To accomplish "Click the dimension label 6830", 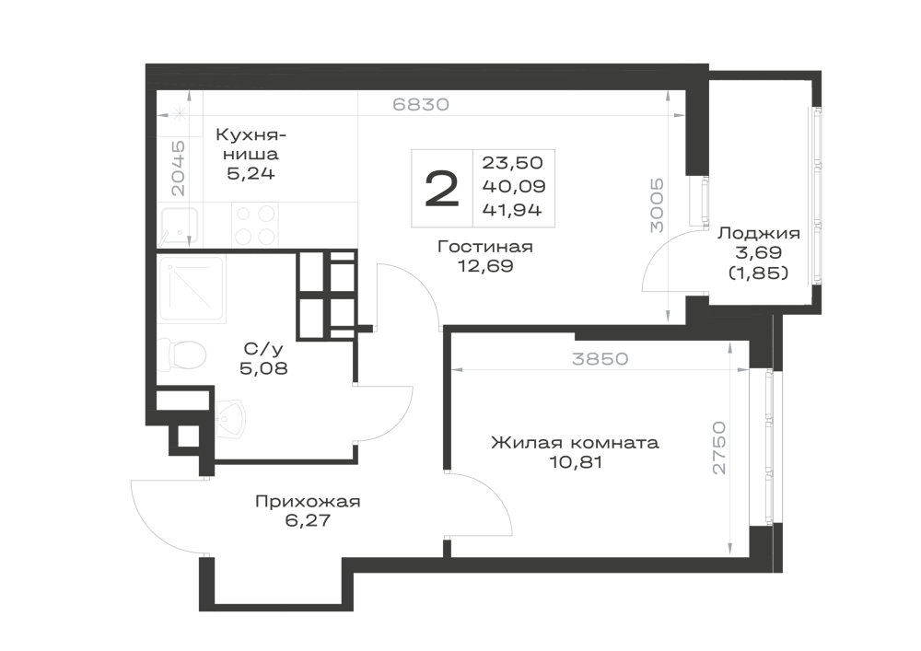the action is [421, 104].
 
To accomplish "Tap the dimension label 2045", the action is [178, 168].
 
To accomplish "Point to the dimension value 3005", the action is [657, 205].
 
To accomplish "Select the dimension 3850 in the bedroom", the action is [600, 358].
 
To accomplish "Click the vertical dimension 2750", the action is [719, 448].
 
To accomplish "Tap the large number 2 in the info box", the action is [442, 189].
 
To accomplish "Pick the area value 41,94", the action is [512, 210].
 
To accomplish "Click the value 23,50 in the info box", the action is [512, 162].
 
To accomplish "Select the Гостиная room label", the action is [485, 247].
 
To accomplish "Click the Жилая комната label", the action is [575, 442].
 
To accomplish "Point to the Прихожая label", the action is [308, 502].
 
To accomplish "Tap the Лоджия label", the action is [759, 234].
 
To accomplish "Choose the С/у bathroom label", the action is [263, 349].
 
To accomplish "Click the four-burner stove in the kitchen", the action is [255, 225].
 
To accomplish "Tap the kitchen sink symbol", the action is [180, 227].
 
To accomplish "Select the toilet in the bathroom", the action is [182, 355].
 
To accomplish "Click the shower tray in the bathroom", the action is [192, 289].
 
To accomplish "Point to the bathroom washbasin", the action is [231, 419].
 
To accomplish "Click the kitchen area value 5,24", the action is [251, 174].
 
